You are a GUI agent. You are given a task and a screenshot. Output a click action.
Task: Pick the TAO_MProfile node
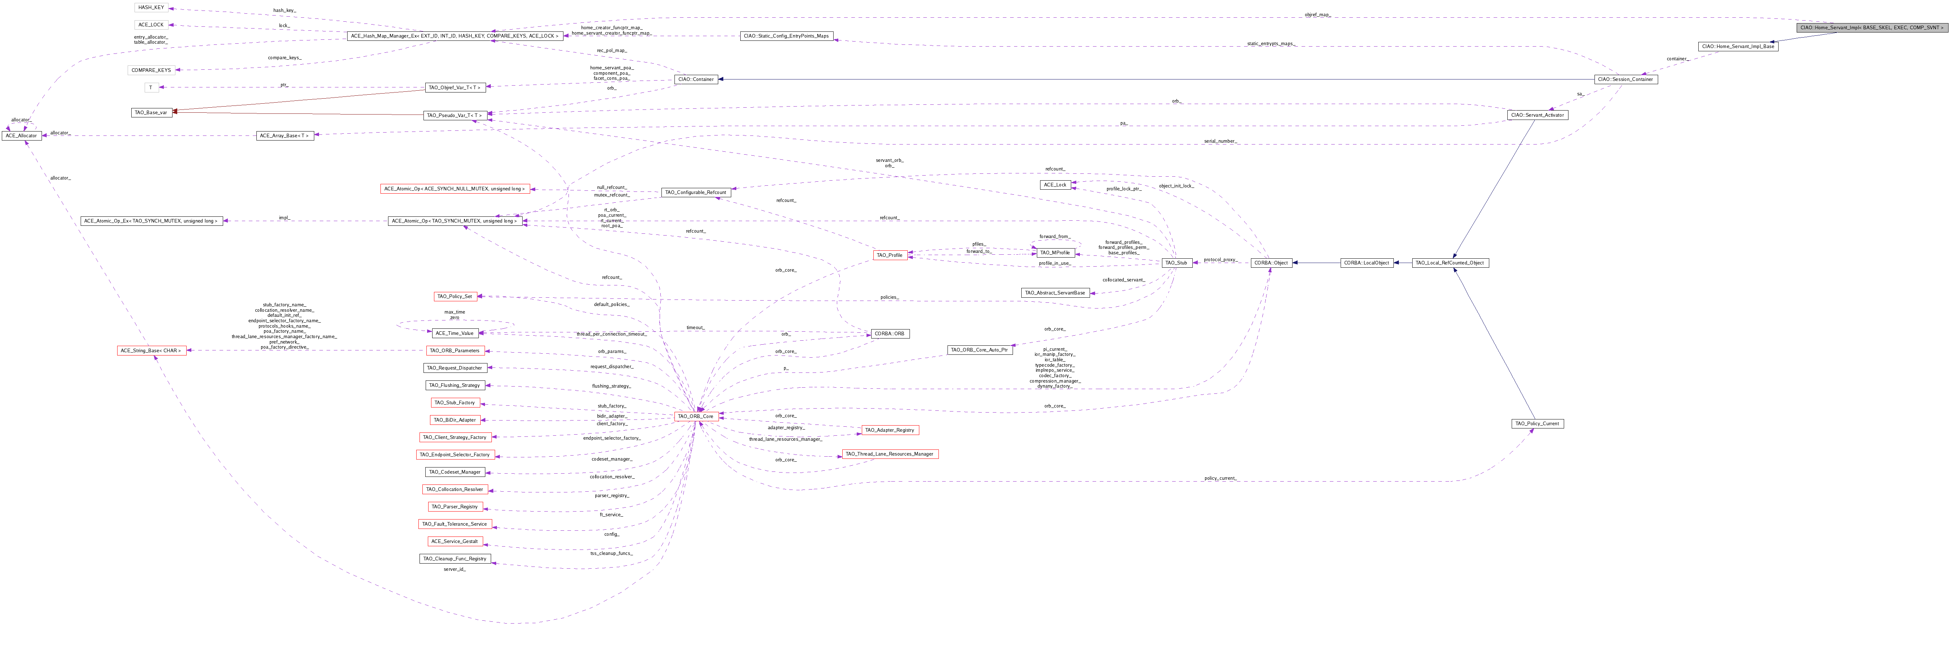click(1055, 253)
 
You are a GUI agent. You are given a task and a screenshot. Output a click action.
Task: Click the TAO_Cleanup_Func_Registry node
click(455, 559)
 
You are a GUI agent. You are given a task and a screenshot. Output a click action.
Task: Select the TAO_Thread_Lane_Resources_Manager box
click(889, 454)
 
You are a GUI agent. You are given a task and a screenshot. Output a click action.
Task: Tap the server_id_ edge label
click(454, 569)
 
